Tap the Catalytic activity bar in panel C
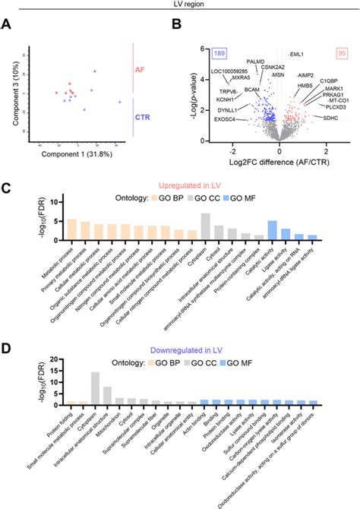point(271,231)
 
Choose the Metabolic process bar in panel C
point(72,230)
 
